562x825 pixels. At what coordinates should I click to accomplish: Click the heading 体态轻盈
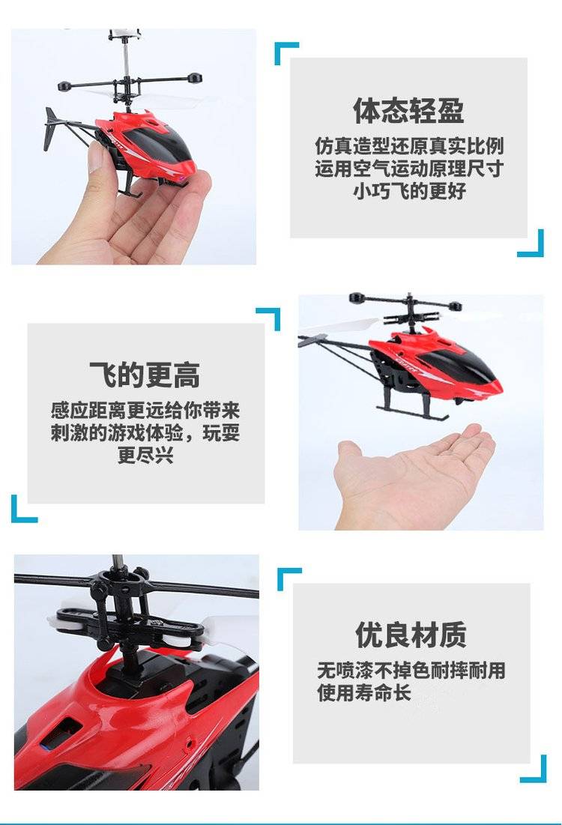click(408, 110)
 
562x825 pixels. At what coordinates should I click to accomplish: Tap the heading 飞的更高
click(145, 375)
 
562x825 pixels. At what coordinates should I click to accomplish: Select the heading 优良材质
click(411, 635)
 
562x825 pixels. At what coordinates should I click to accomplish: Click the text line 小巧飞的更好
click(409, 191)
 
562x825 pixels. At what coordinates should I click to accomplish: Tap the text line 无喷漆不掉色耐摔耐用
click(411, 671)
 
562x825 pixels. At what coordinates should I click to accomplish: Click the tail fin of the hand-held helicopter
click(50, 128)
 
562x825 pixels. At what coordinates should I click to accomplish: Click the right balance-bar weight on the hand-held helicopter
click(193, 79)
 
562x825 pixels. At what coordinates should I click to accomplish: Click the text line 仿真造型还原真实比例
click(409, 146)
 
